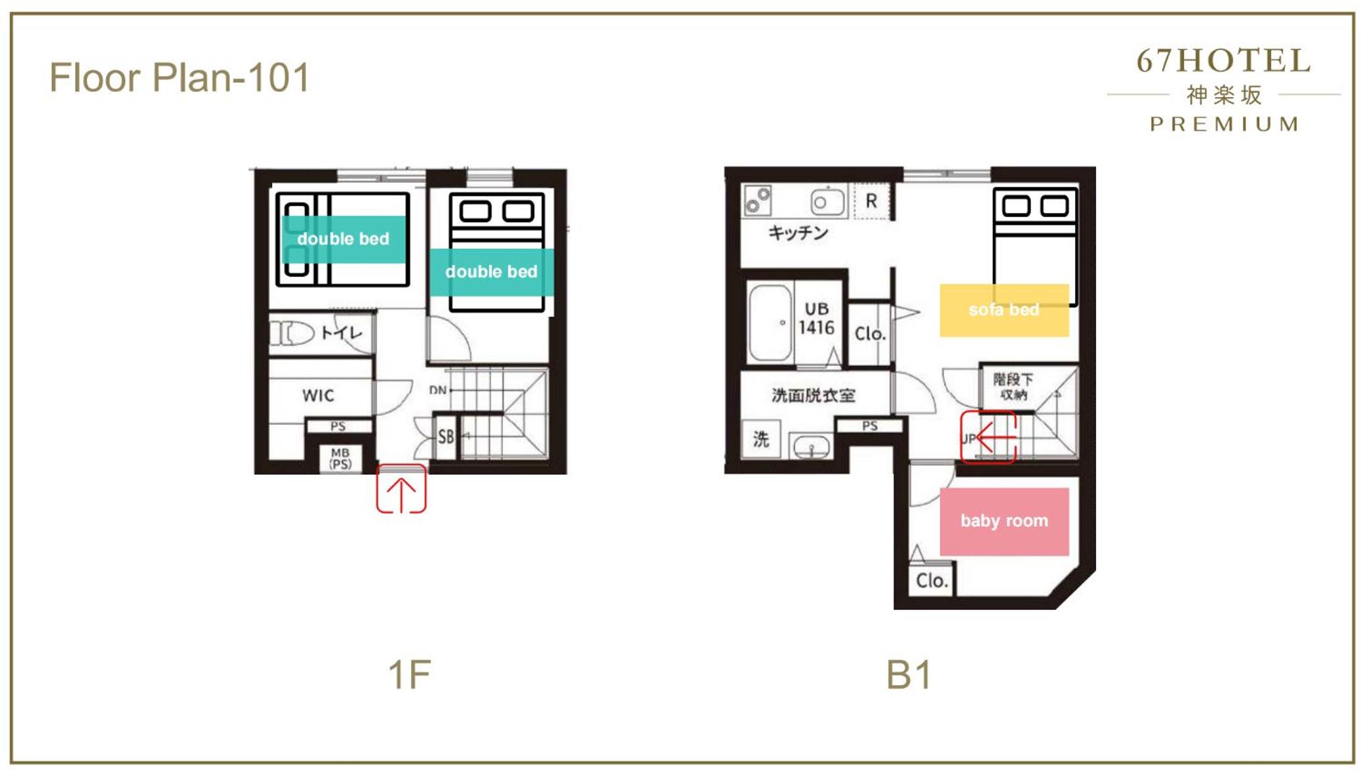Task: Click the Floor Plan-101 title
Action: (179, 77)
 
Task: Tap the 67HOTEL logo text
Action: (1223, 61)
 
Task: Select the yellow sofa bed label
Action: (1004, 310)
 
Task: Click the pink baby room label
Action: (1004, 521)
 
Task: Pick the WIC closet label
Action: (318, 395)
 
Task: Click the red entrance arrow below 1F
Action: (401, 488)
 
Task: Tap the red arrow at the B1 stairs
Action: (989, 436)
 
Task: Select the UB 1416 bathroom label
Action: (816, 319)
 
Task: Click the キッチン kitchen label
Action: (798, 233)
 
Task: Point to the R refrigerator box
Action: (872, 201)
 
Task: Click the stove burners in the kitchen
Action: (758, 200)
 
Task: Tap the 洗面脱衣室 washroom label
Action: (813, 395)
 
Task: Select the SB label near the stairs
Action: (446, 437)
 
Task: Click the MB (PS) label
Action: (340, 458)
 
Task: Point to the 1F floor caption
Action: (409, 674)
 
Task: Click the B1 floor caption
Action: (909, 674)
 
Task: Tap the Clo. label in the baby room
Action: (932, 580)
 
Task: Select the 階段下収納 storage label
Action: (1013, 387)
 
